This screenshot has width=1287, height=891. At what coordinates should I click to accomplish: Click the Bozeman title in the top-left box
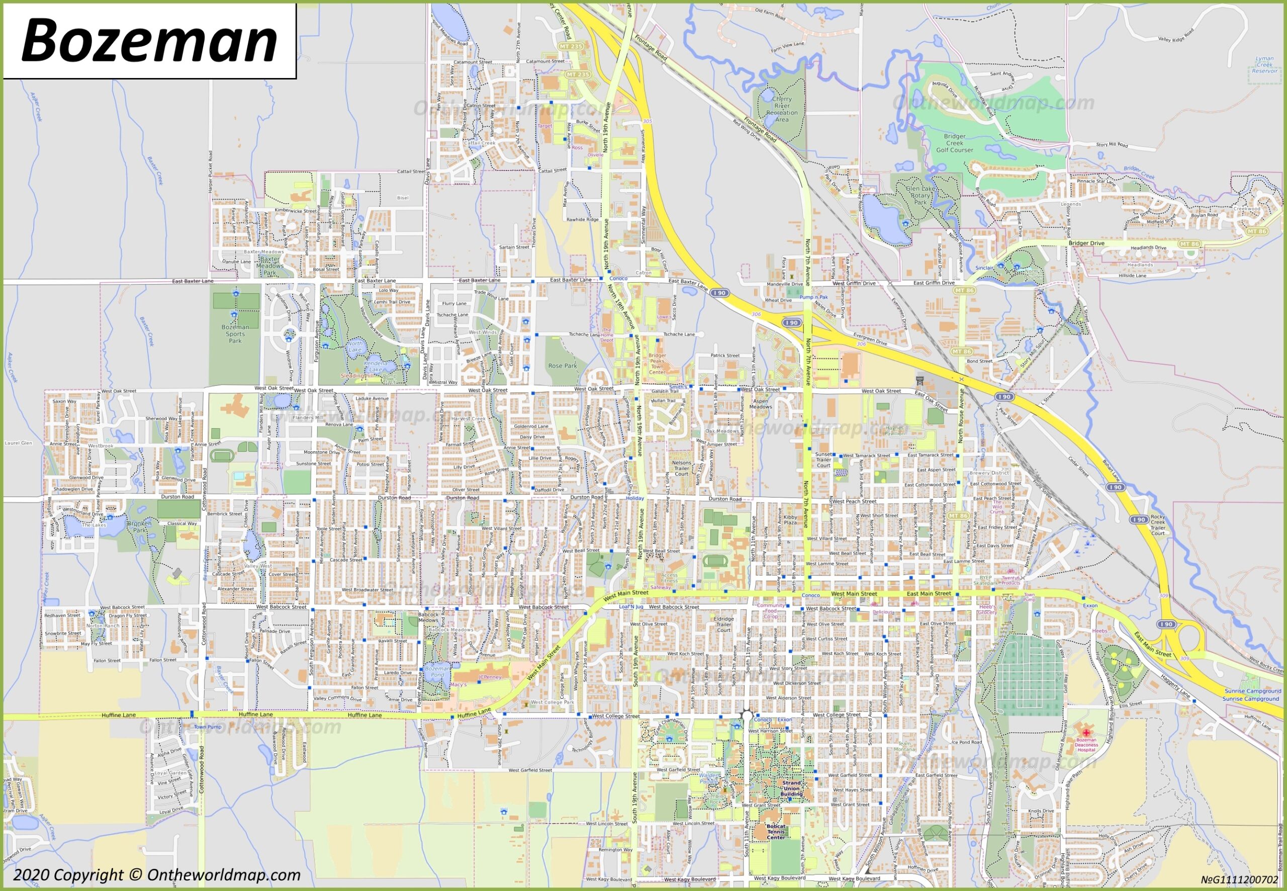(149, 41)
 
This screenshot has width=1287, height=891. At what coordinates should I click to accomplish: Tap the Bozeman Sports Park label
(235, 334)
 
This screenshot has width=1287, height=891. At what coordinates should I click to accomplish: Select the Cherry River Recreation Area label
(782, 109)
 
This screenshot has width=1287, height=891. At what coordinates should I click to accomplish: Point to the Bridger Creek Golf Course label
(955, 143)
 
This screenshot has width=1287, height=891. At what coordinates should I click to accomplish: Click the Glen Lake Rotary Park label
(920, 195)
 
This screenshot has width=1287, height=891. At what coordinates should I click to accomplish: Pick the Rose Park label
(563, 366)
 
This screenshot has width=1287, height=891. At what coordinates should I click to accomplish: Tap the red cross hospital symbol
(1086, 732)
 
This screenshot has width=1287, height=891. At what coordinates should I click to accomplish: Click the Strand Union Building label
(791, 788)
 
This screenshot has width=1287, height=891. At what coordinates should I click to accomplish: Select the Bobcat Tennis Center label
(775, 832)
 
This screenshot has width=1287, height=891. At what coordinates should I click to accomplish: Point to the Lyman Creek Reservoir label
(1264, 64)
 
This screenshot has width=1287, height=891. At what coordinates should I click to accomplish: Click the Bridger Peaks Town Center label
(657, 364)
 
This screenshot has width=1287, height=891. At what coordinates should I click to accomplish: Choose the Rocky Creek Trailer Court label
(1158, 525)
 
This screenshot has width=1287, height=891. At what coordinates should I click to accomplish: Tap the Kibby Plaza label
(790, 520)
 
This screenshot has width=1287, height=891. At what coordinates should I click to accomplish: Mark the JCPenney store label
(490, 677)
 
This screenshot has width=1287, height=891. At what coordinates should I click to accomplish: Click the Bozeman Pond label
(437, 671)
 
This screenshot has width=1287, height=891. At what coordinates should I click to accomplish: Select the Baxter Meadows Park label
(270, 266)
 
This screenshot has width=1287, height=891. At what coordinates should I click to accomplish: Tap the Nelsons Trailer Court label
(681, 468)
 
